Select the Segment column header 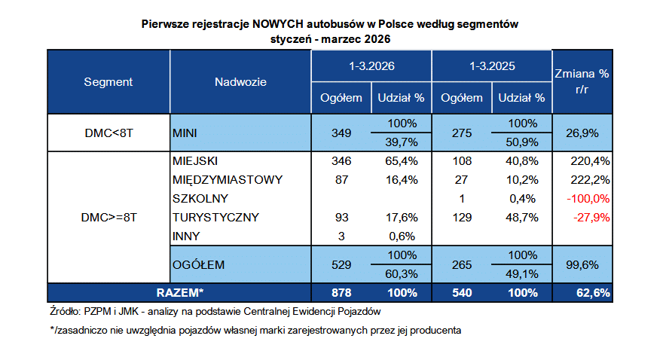[108, 81]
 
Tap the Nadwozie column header [240, 81]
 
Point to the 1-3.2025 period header [491, 66]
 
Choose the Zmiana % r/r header [582, 81]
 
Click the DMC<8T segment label [108, 133]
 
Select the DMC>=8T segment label [108, 218]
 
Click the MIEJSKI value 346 [341, 161]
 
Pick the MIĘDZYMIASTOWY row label [227, 180]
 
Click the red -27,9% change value [589, 218]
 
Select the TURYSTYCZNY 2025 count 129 [461, 218]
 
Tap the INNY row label [187, 236]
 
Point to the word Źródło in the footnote [57, 310]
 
